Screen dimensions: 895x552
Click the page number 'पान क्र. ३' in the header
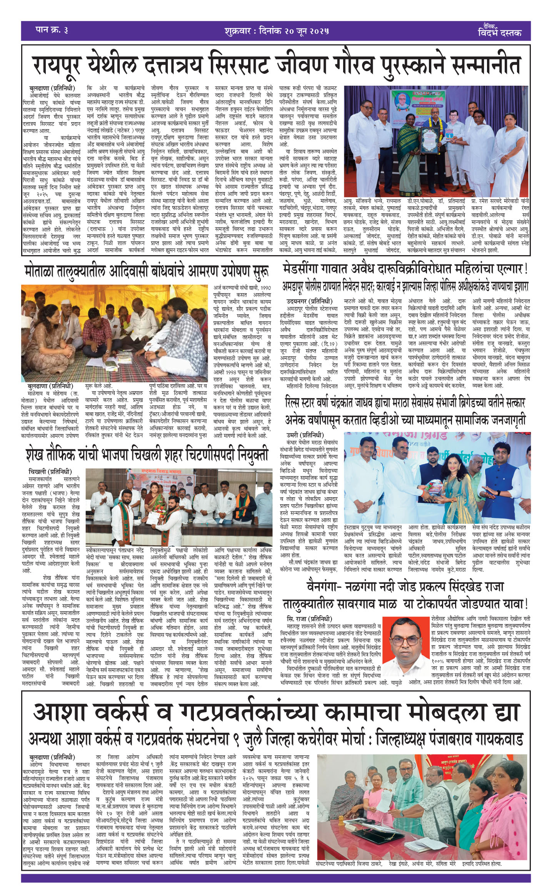point(51,30)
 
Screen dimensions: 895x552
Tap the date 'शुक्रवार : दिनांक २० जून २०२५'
point(277,31)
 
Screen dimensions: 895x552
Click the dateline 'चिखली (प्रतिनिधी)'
point(50,471)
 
